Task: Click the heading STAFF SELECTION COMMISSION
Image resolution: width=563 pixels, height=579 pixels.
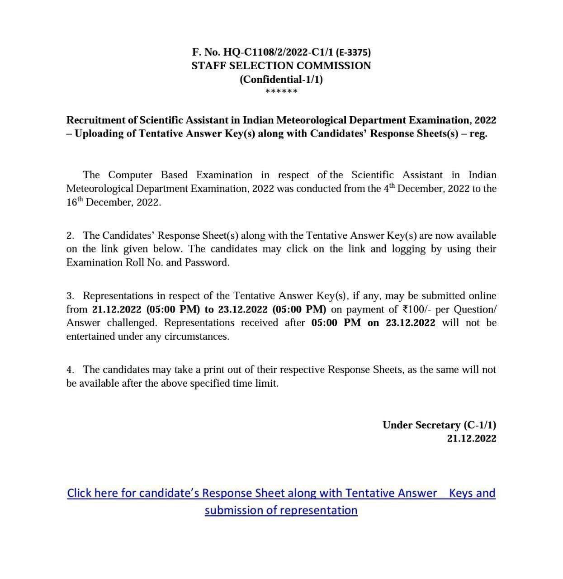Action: (x=281, y=66)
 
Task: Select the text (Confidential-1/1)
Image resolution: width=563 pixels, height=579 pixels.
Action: (x=281, y=79)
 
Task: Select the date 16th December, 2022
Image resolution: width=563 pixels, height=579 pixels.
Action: (x=113, y=202)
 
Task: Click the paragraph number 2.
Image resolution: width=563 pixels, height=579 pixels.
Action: (x=70, y=236)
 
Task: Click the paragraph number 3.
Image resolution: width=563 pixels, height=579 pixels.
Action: (x=70, y=296)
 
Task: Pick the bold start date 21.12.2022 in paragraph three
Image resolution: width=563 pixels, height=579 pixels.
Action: (x=117, y=309)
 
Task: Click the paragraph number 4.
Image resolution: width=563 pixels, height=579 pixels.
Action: (x=70, y=370)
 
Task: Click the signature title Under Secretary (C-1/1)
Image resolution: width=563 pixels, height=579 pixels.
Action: (x=439, y=425)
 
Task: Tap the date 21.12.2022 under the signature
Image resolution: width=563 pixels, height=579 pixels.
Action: (x=472, y=438)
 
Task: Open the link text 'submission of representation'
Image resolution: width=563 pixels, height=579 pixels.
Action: (x=281, y=510)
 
